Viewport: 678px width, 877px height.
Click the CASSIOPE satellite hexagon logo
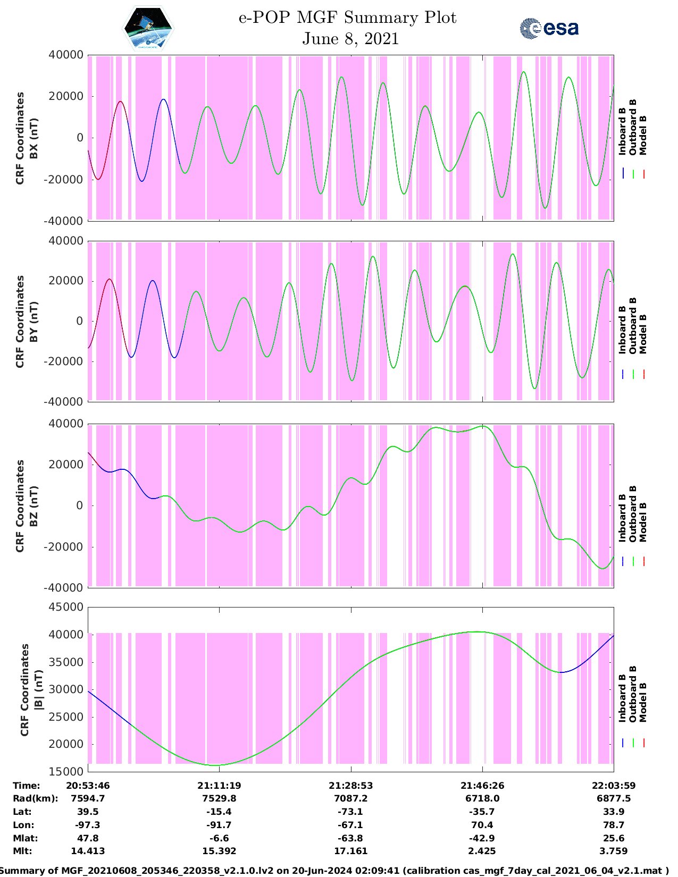click(x=148, y=29)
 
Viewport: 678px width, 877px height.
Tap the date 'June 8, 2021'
click(x=350, y=39)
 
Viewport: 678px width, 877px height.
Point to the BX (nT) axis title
click(x=34, y=138)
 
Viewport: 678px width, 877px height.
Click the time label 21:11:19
click(x=219, y=786)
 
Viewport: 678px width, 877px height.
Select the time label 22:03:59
click(x=613, y=786)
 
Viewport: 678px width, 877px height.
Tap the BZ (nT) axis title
click(x=34, y=506)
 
